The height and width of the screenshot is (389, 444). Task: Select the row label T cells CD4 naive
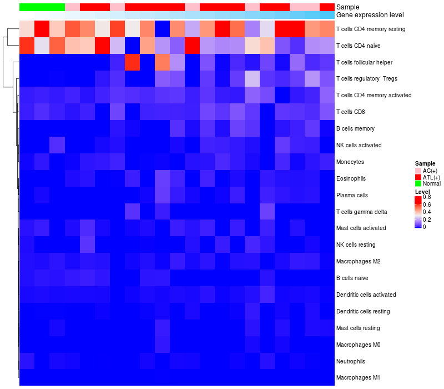click(361, 46)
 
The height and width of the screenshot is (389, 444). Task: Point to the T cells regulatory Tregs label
click(367, 79)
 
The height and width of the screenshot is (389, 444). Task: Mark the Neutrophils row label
click(351, 361)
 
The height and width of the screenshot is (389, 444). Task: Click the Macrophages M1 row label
click(358, 378)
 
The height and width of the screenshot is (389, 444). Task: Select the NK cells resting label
click(356, 245)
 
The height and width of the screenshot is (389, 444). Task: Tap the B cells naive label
click(352, 278)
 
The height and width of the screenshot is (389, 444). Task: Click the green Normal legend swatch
click(418, 183)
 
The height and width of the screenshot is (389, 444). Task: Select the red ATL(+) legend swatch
click(418, 177)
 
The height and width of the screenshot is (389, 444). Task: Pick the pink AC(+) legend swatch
click(418, 170)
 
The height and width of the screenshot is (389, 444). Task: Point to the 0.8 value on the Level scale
click(427, 197)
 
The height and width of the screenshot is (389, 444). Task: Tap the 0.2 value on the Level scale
click(427, 220)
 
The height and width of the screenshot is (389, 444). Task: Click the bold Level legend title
click(422, 191)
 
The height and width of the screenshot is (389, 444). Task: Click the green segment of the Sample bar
click(42, 7)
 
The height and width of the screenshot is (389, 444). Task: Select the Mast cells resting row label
click(358, 328)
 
